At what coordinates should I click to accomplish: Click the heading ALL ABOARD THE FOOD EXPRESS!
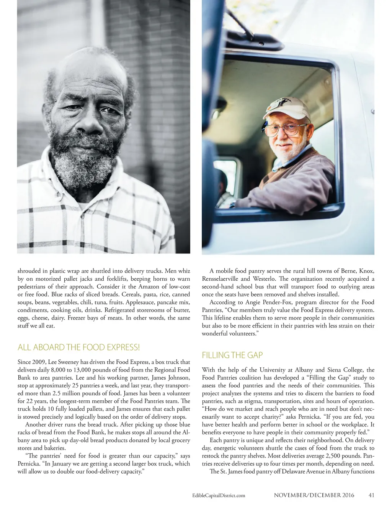click(78, 347)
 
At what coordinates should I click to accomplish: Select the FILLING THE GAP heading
click(232, 355)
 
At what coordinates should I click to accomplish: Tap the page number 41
click(371, 495)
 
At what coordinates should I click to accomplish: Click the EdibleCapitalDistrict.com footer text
click(218, 495)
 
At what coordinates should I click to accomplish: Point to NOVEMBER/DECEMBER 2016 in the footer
click(314, 495)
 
